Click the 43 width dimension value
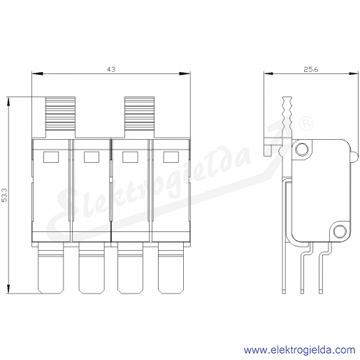pyautogui.click(x=111, y=69)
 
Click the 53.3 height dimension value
pyautogui.click(x=5, y=195)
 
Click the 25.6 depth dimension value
pyautogui.click(x=311, y=69)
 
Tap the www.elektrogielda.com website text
pyautogui.click(x=300, y=350)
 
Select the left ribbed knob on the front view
pyautogui.click(x=60, y=113)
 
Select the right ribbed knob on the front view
pyautogui.click(x=139, y=113)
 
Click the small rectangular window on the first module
pyautogui.click(x=51, y=157)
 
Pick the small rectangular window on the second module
pyautogui.click(x=92, y=157)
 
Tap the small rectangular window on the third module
pyautogui.click(x=130, y=157)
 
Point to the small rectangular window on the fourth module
pyautogui.click(x=171, y=157)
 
